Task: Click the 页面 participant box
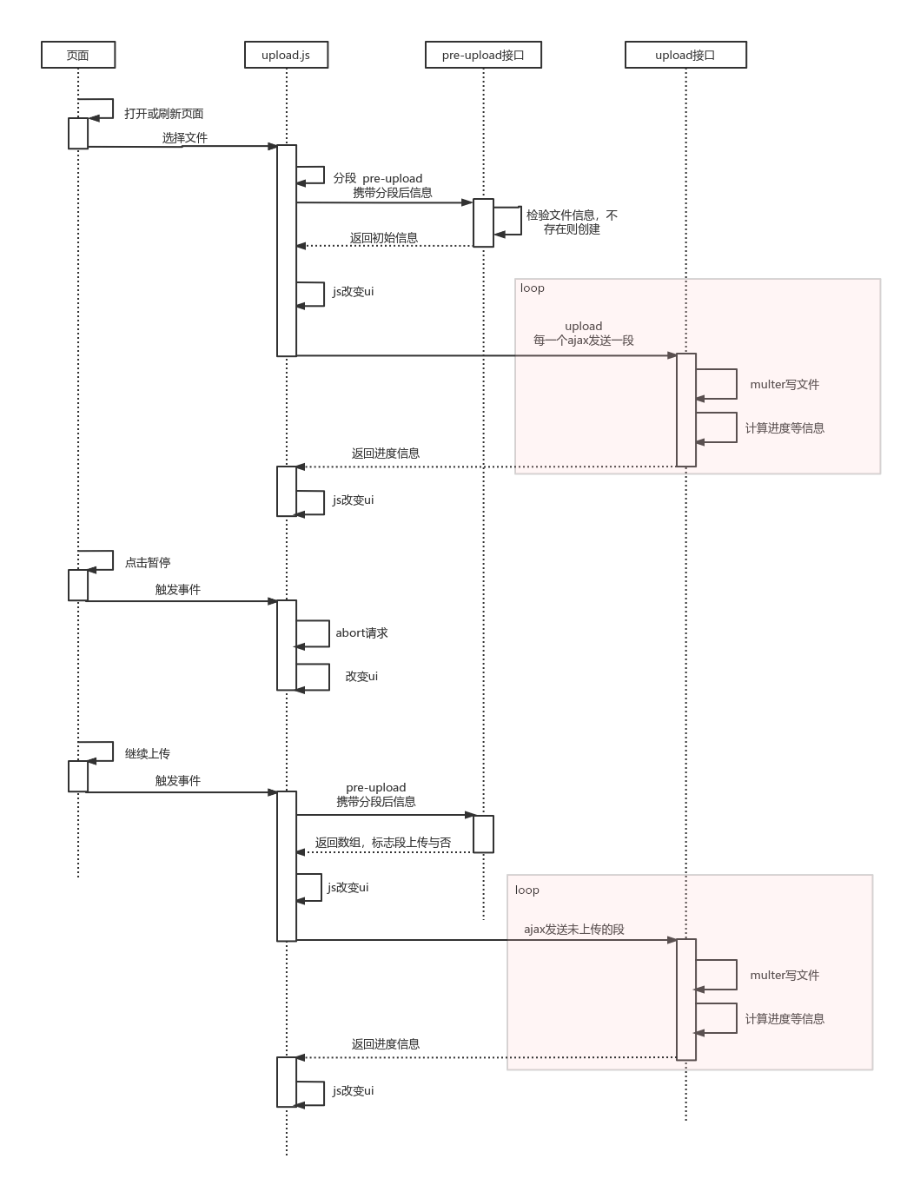[78, 55]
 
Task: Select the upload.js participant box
[286, 55]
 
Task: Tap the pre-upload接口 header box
[483, 55]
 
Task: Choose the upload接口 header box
[685, 55]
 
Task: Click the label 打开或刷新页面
[163, 114]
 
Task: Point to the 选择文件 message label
[185, 138]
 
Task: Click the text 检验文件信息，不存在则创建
[572, 222]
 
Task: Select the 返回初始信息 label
[384, 238]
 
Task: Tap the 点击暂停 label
[148, 563]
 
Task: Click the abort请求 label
[361, 633]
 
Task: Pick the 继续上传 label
[148, 754]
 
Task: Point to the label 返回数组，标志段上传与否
[383, 843]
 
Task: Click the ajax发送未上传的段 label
[574, 930]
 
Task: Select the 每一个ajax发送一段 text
[584, 341]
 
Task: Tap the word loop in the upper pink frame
[533, 288]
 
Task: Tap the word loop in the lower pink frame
[527, 890]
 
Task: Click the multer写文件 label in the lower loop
[785, 976]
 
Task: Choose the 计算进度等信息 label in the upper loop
[785, 428]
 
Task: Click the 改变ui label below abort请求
[361, 677]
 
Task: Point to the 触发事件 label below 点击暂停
[178, 590]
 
